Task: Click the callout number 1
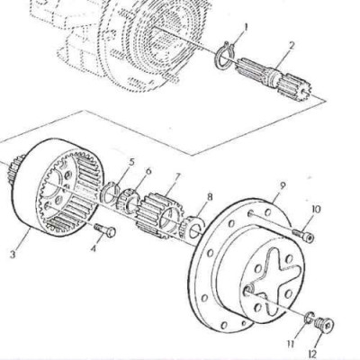246,28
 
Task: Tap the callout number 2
292,46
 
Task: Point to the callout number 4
94,248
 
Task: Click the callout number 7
177,177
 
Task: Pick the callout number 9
282,185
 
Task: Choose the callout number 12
312,354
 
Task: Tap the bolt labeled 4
105,230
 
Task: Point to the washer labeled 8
192,229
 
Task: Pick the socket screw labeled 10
302,235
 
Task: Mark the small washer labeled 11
309,318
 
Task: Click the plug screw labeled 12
324,324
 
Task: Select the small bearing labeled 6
128,201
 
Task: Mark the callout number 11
291,344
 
